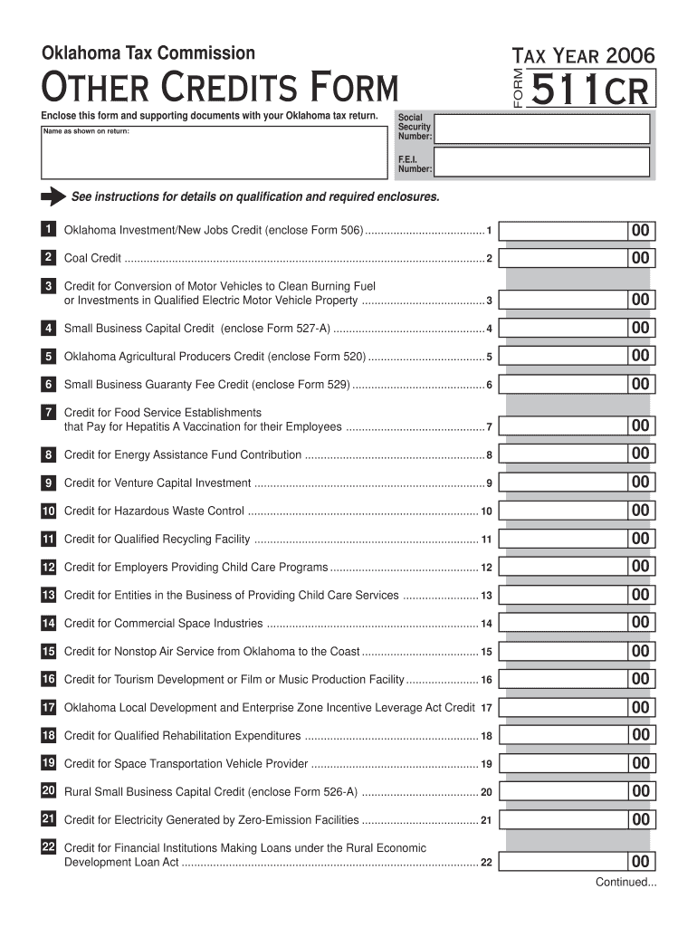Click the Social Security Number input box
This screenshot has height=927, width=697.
pos(541,128)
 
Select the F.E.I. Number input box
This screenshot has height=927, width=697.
pos(541,162)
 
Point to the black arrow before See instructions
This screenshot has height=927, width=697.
pos(53,197)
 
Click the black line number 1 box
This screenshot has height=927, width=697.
pos(48,230)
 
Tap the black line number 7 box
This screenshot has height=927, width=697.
pos(48,412)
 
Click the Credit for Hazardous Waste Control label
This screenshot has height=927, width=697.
pos(154,511)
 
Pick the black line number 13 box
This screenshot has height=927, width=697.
pos(48,595)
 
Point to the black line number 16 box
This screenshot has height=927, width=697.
pos(48,679)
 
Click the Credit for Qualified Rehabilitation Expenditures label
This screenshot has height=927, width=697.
pos(182,736)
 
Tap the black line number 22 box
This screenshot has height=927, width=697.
pos(48,847)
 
